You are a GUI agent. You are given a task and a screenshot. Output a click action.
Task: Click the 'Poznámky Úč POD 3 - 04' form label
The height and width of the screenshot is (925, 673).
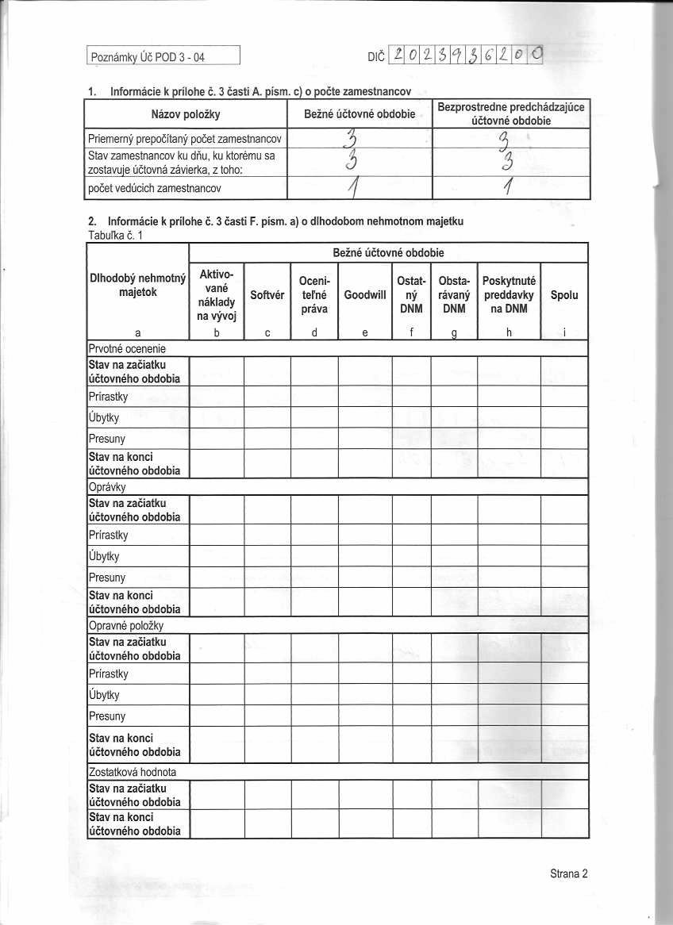click(x=138, y=57)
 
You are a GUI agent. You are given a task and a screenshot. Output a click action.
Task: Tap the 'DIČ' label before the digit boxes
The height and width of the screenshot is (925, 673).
click(x=377, y=57)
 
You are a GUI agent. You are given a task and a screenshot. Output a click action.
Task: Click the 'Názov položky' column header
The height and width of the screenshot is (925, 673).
click(x=185, y=114)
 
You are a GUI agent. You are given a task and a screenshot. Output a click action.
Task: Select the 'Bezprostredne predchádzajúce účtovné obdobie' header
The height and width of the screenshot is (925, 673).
click(x=512, y=114)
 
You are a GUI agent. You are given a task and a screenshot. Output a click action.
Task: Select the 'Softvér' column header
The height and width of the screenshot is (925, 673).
click(x=267, y=295)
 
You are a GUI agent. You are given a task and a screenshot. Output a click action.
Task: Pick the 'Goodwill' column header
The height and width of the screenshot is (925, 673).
click(x=365, y=295)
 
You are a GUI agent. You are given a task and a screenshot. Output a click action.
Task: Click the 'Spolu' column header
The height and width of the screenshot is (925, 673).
click(x=563, y=295)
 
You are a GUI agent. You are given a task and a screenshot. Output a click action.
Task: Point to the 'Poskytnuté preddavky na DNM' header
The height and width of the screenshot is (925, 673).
click(x=509, y=295)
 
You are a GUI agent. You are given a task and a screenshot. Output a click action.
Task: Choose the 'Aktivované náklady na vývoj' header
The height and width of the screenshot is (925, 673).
click(x=216, y=295)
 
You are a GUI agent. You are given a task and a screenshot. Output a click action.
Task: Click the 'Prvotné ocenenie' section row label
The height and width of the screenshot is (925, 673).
click(x=126, y=348)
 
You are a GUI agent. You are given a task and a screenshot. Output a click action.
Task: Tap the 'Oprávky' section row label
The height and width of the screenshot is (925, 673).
click(x=107, y=486)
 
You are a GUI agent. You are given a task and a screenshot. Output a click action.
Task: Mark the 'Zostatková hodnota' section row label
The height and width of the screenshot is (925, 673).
click(x=132, y=771)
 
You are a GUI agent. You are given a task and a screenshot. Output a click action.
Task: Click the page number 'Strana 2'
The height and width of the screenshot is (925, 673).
click(x=568, y=874)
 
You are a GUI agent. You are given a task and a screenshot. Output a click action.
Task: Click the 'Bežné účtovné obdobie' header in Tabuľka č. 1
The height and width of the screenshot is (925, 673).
click(x=387, y=253)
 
